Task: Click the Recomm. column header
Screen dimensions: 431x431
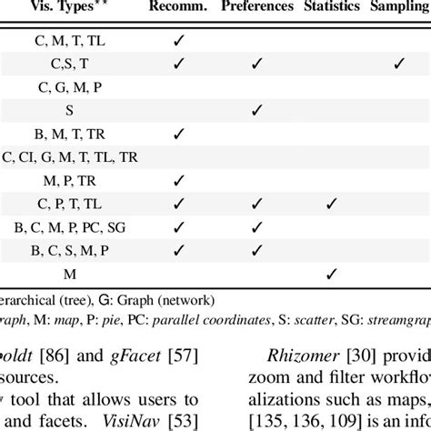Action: pyautogui.click(x=179, y=8)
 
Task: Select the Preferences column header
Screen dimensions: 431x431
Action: pyautogui.click(x=257, y=8)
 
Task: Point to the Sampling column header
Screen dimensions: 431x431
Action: pyautogui.click(x=399, y=8)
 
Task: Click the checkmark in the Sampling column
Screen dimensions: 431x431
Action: pyautogui.click(x=397, y=64)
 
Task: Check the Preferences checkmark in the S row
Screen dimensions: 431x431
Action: pyautogui.click(x=257, y=110)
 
